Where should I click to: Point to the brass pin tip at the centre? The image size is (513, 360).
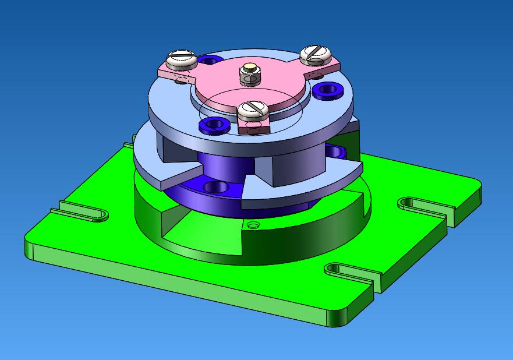coord(251,67)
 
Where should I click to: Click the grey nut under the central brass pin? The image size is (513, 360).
coord(251,78)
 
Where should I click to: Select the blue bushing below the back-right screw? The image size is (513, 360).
coord(328,90)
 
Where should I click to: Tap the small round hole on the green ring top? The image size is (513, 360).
coord(253,225)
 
